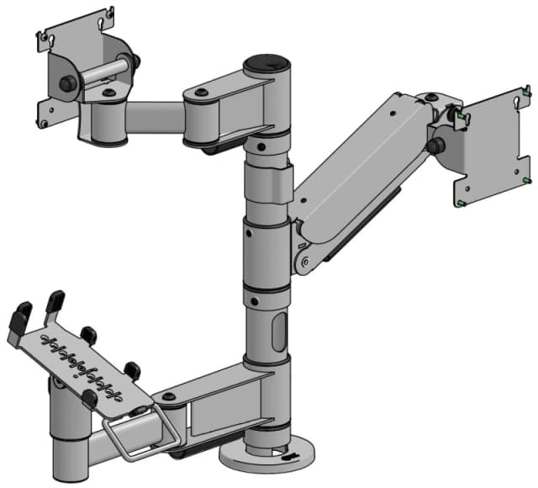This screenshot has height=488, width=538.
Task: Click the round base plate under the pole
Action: click(x=261, y=458)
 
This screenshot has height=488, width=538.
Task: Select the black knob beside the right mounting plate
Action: click(x=435, y=145)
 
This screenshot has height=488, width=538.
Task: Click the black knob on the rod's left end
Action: click(x=65, y=83)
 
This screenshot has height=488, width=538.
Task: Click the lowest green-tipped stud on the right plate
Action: click(x=464, y=202)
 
